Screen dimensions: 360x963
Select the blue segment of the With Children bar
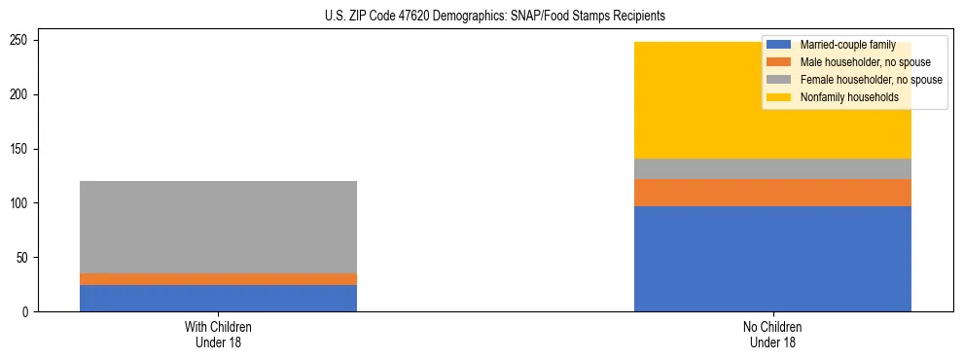click(218, 298)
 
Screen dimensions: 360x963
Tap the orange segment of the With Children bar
click(218, 279)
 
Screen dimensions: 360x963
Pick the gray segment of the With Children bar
click(218, 227)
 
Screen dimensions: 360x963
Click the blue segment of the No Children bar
click(772, 259)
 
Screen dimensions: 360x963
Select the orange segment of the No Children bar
click(772, 193)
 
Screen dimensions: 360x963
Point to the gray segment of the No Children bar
click(772, 168)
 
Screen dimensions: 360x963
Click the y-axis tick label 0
click(28, 312)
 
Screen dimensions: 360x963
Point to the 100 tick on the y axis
click(22, 203)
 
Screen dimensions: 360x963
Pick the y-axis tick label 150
click(22, 149)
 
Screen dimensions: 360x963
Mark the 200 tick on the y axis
click(22, 94)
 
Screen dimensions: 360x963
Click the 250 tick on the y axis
click(22, 41)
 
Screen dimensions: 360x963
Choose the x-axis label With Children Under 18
click(218, 335)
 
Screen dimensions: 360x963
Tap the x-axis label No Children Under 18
click(772, 335)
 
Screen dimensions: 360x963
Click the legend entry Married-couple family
click(847, 45)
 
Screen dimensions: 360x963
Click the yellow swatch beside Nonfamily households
click(779, 97)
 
